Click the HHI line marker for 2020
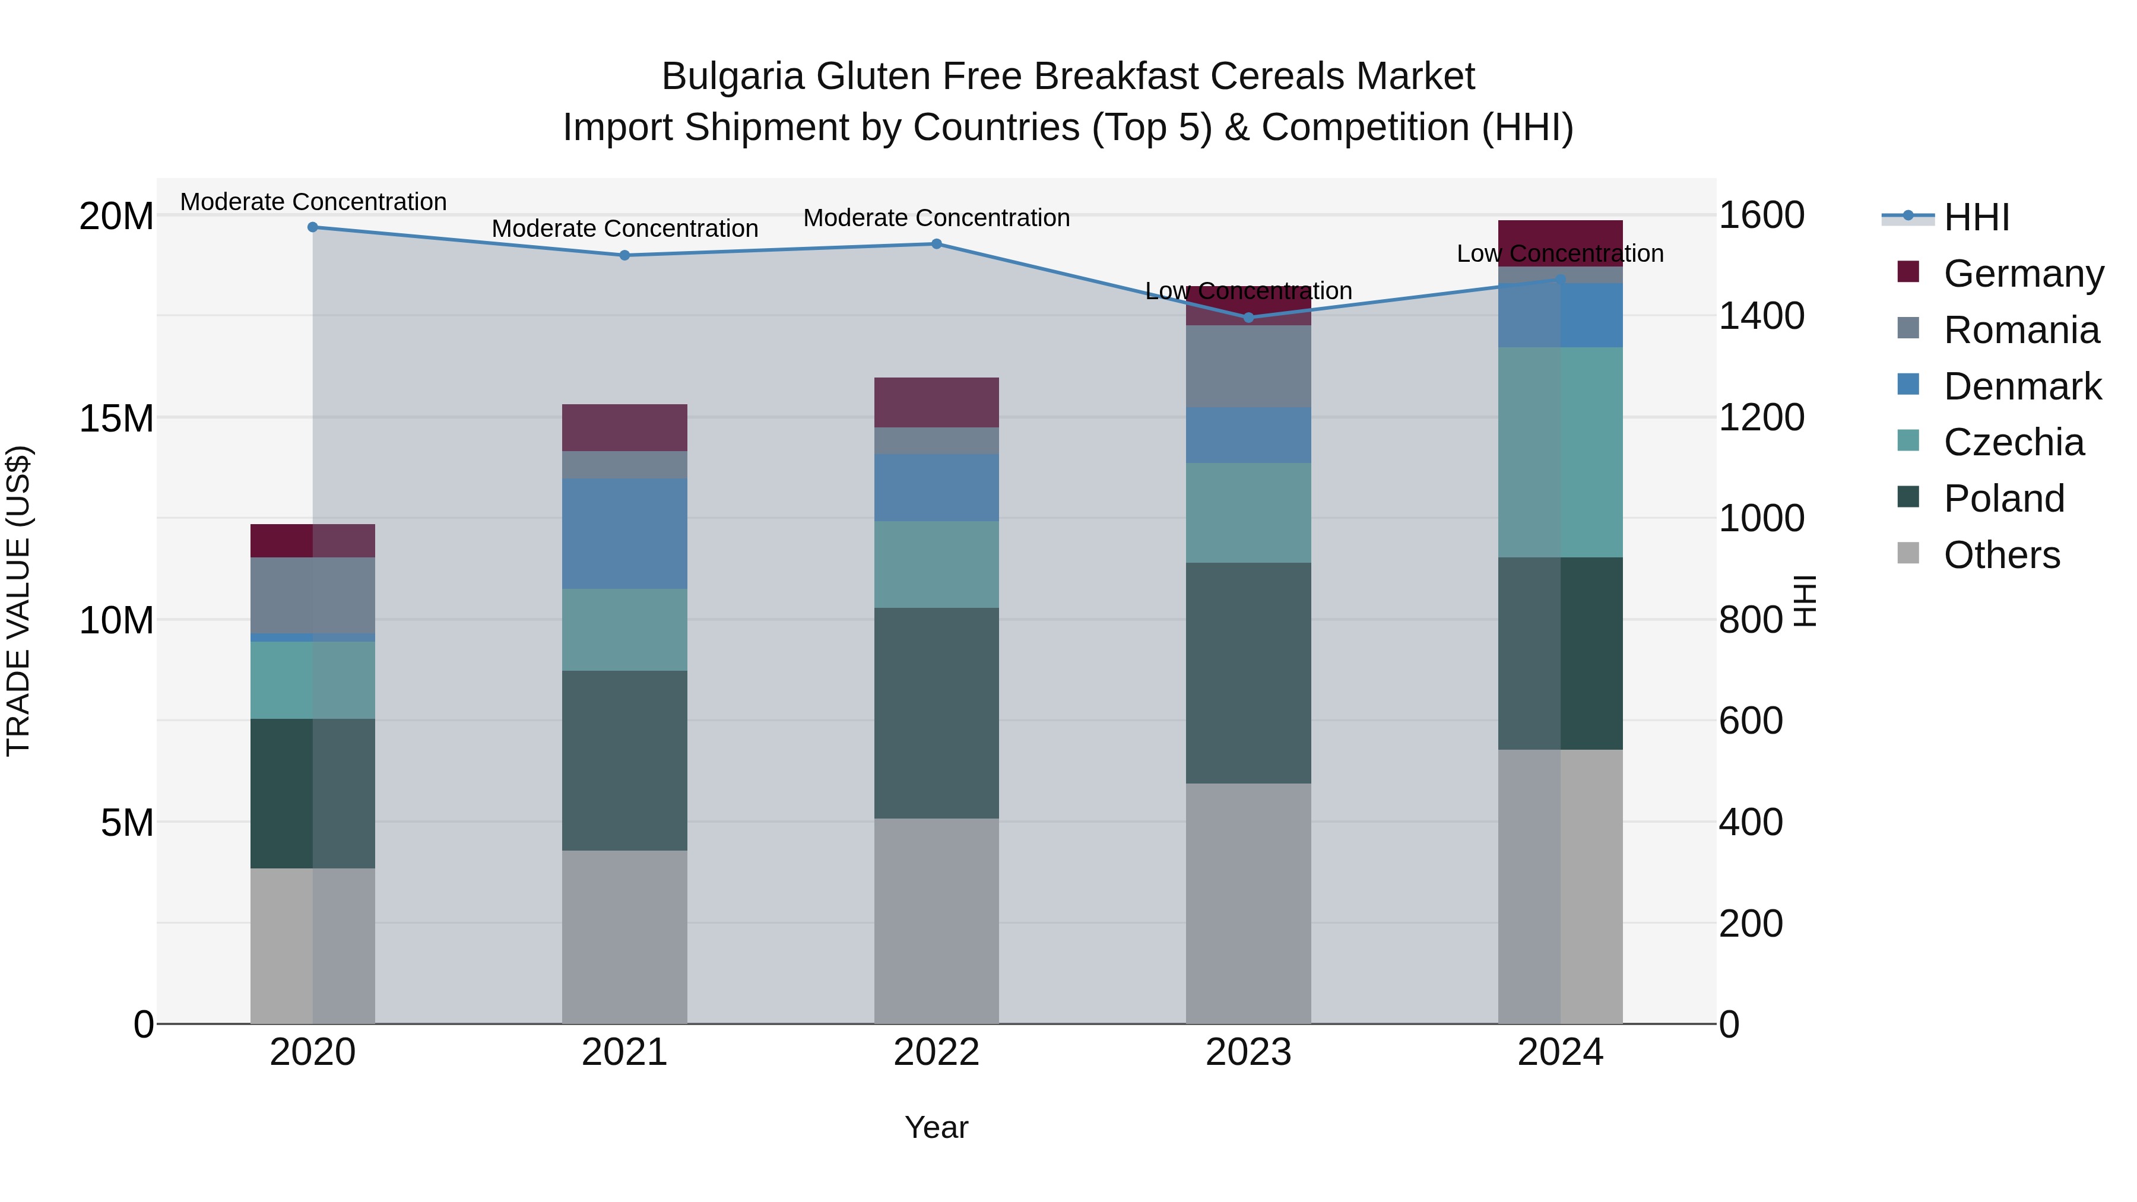pos(313,227)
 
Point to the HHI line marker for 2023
pos(1248,318)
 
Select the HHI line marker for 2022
pos(937,244)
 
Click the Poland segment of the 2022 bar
pos(937,713)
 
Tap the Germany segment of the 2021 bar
pos(624,428)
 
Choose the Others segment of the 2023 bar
pos(1248,904)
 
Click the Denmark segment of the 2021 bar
pos(624,534)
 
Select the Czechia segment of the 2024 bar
pos(1561,452)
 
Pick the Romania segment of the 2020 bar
pos(313,595)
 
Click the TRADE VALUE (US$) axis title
pos(18,601)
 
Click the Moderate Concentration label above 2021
pos(624,229)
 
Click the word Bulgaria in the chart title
pos(733,77)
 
